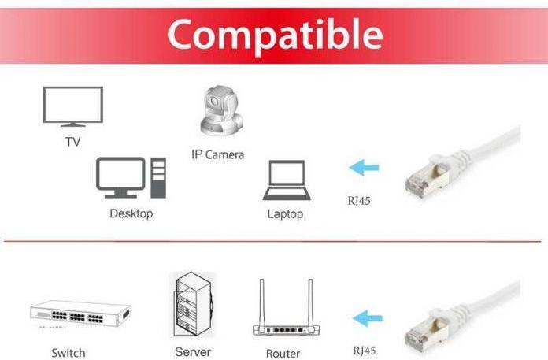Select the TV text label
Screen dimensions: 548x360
72,142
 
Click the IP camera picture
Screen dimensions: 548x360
221,111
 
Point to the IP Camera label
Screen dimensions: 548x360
218,154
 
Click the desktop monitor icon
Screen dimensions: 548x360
120,177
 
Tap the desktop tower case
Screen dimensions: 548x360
158,177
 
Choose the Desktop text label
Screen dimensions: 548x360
131,213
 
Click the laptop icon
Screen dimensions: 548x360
287,180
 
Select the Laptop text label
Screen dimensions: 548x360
285,214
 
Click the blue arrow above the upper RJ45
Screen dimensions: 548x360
364,168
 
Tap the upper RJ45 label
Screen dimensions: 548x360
359,201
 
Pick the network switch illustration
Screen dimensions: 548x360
80,314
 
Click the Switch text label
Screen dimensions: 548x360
68,353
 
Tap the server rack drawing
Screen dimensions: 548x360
194,304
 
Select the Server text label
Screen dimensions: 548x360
193,351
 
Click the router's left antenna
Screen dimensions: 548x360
261,302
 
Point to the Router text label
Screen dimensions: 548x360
283,354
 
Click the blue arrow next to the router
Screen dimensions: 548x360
368,318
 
